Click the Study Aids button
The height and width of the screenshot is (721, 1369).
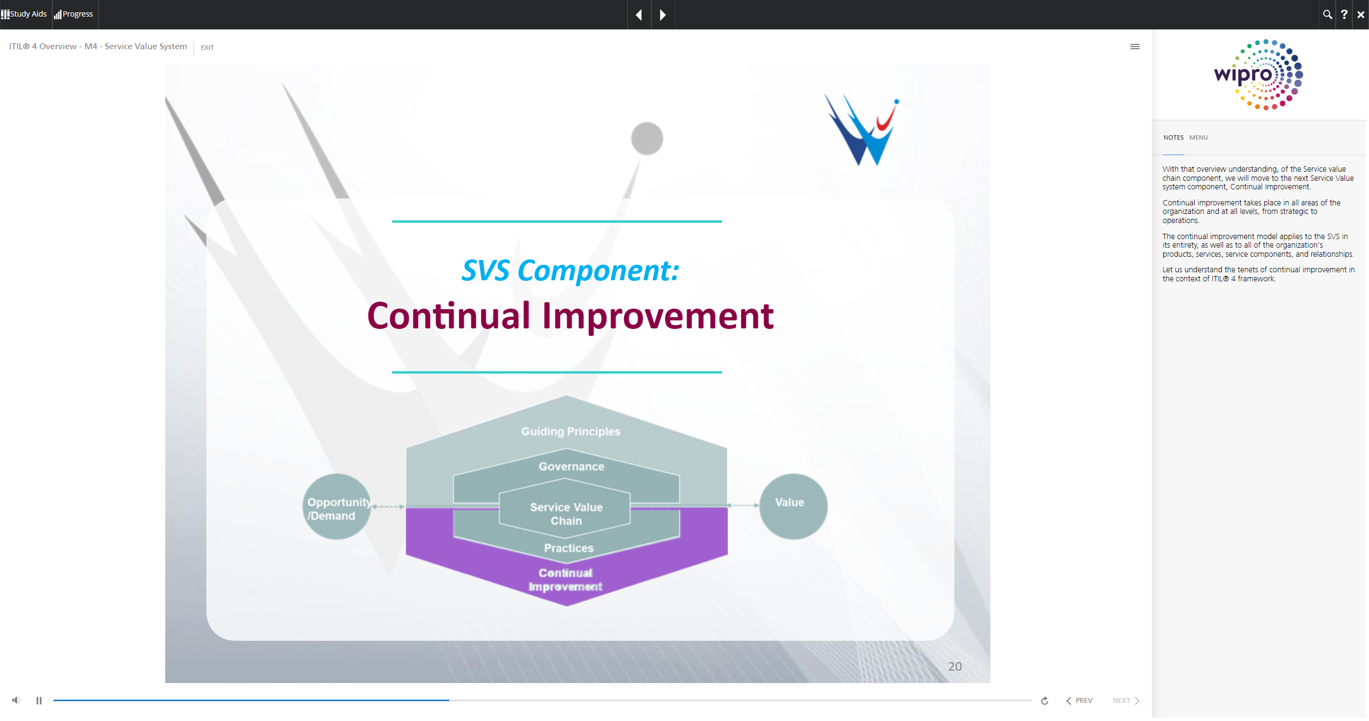pos(24,14)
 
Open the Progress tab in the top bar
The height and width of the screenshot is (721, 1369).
pos(74,14)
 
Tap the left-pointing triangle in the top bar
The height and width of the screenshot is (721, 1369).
pos(639,15)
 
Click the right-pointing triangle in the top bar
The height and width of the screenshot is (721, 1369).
pos(663,15)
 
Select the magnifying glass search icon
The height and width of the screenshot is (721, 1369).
pos(1327,14)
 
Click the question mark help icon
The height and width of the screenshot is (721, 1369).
pos(1344,14)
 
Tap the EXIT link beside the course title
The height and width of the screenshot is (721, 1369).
pos(207,48)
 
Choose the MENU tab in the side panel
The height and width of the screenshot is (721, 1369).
pos(1198,137)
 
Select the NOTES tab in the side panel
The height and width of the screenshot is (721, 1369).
pos(1173,137)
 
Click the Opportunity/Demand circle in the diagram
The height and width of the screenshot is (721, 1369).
pos(337,507)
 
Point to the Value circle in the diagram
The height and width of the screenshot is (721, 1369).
pos(793,507)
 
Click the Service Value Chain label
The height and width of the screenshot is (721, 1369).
pos(566,514)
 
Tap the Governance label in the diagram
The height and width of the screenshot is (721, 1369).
pos(571,466)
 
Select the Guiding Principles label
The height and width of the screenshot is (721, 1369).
pos(571,432)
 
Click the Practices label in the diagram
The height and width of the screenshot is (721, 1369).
pos(568,548)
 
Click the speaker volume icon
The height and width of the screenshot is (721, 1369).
pos(17,700)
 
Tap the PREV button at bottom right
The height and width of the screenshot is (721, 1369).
pos(1079,701)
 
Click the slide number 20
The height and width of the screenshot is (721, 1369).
pos(955,666)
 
